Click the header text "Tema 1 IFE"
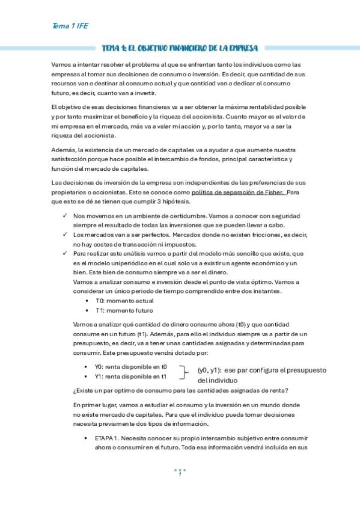coord(71,26)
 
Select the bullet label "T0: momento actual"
coord(124,300)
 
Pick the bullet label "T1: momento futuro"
coord(124,310)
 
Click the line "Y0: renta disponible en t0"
coord(130,366)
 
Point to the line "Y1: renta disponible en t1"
coord(130,376)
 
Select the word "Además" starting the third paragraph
coord(64,149)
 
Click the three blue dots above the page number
coord(180,469)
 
